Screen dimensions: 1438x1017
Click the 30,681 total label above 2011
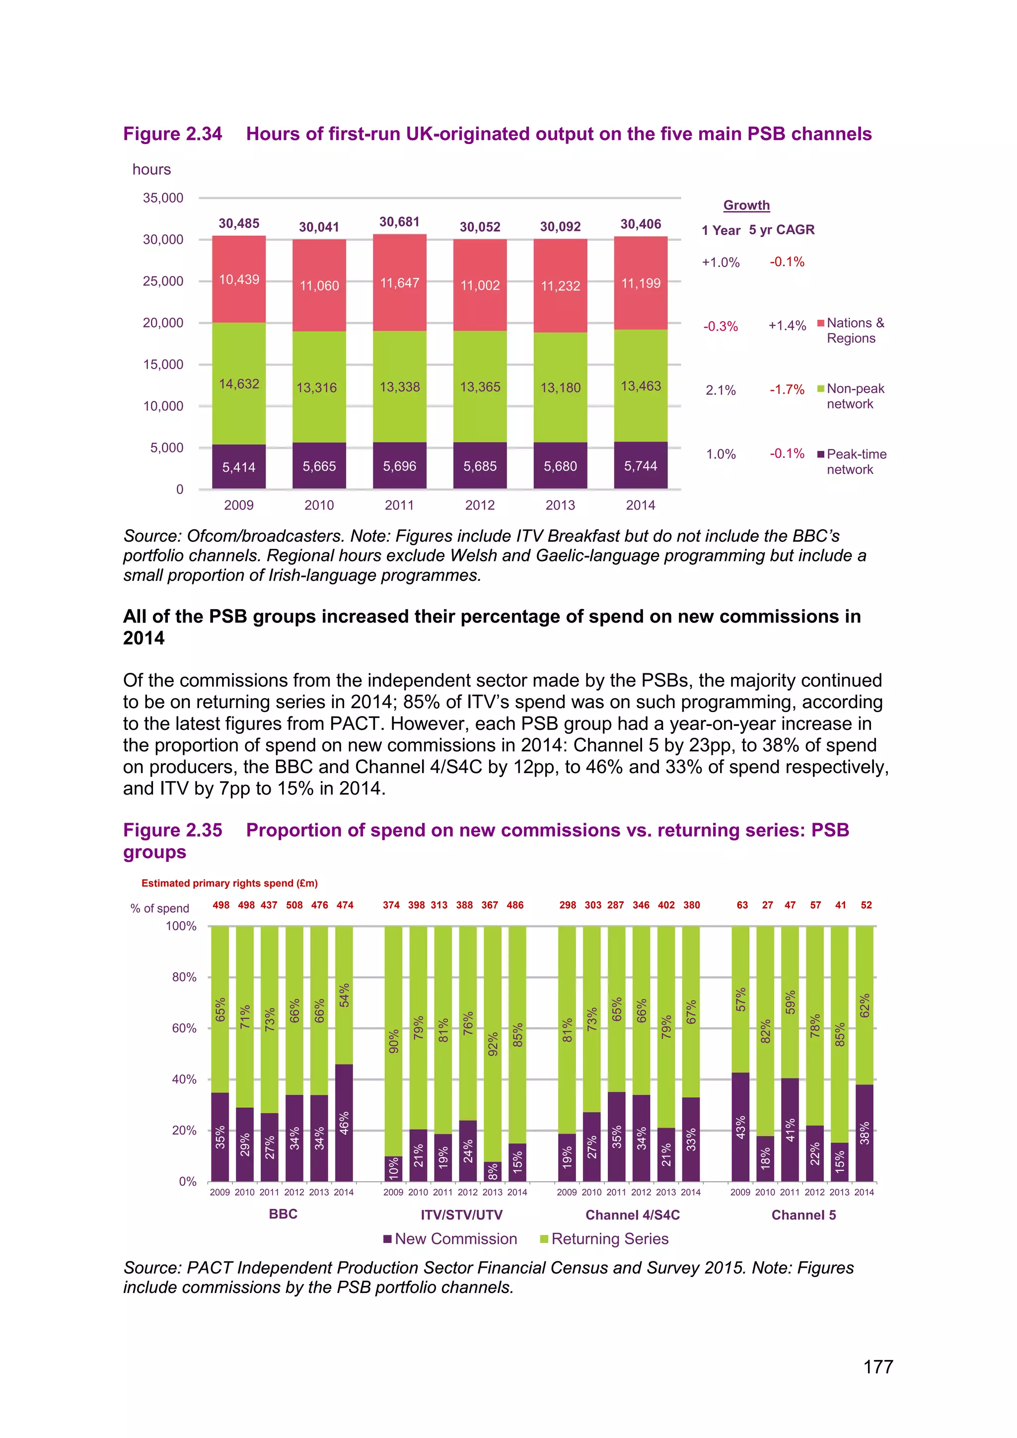400,222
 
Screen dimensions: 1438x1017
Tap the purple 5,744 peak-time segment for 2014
641,466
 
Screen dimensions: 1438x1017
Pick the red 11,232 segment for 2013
561,286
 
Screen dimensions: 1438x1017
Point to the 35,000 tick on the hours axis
163,198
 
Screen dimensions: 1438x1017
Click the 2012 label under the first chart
480,505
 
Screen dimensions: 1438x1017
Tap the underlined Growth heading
746,206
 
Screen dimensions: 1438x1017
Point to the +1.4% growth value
787,326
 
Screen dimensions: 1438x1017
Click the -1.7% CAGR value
787,390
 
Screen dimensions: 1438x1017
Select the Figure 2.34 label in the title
172,134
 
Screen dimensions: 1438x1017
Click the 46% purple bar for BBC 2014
344,1122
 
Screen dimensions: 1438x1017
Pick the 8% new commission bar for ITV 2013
493,1172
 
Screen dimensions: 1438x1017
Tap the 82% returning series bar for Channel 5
765,1031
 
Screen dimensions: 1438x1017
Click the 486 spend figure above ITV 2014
515,905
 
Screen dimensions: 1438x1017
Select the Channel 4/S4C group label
633,1215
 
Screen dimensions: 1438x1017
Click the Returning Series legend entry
604,1239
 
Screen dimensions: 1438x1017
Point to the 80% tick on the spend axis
184,977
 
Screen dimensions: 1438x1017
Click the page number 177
878,1367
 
